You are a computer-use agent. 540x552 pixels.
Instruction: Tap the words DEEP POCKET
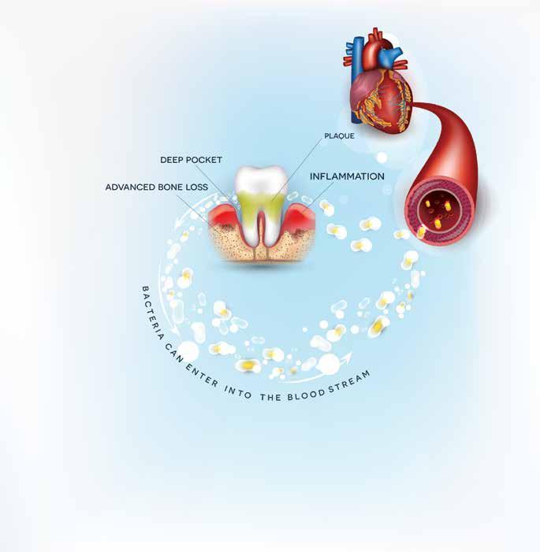click(191, 159)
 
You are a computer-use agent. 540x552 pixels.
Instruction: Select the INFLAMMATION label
click(347, 176)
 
